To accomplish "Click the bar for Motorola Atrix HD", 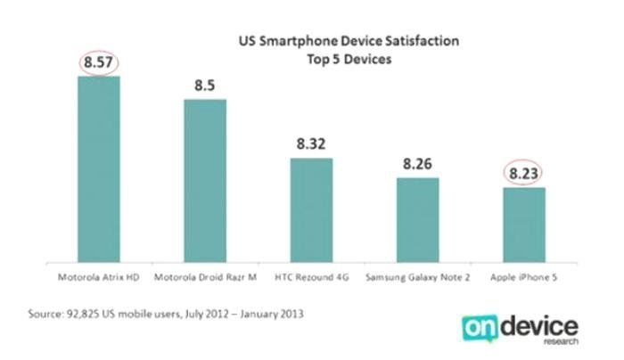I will [98, 169].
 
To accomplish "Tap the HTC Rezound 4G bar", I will [311, 210].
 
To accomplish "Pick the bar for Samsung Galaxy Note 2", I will [417, 220].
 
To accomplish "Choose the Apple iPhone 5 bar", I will [524, 225].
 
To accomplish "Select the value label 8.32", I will [311, 144].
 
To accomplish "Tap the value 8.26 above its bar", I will [417, 164].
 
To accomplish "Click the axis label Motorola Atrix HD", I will [98, 277].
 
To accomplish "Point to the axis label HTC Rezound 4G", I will [311, 277].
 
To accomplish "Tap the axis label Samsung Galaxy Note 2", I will [417, 277].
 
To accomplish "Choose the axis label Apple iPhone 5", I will [524, 277].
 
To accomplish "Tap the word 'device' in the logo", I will [541, 325].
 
